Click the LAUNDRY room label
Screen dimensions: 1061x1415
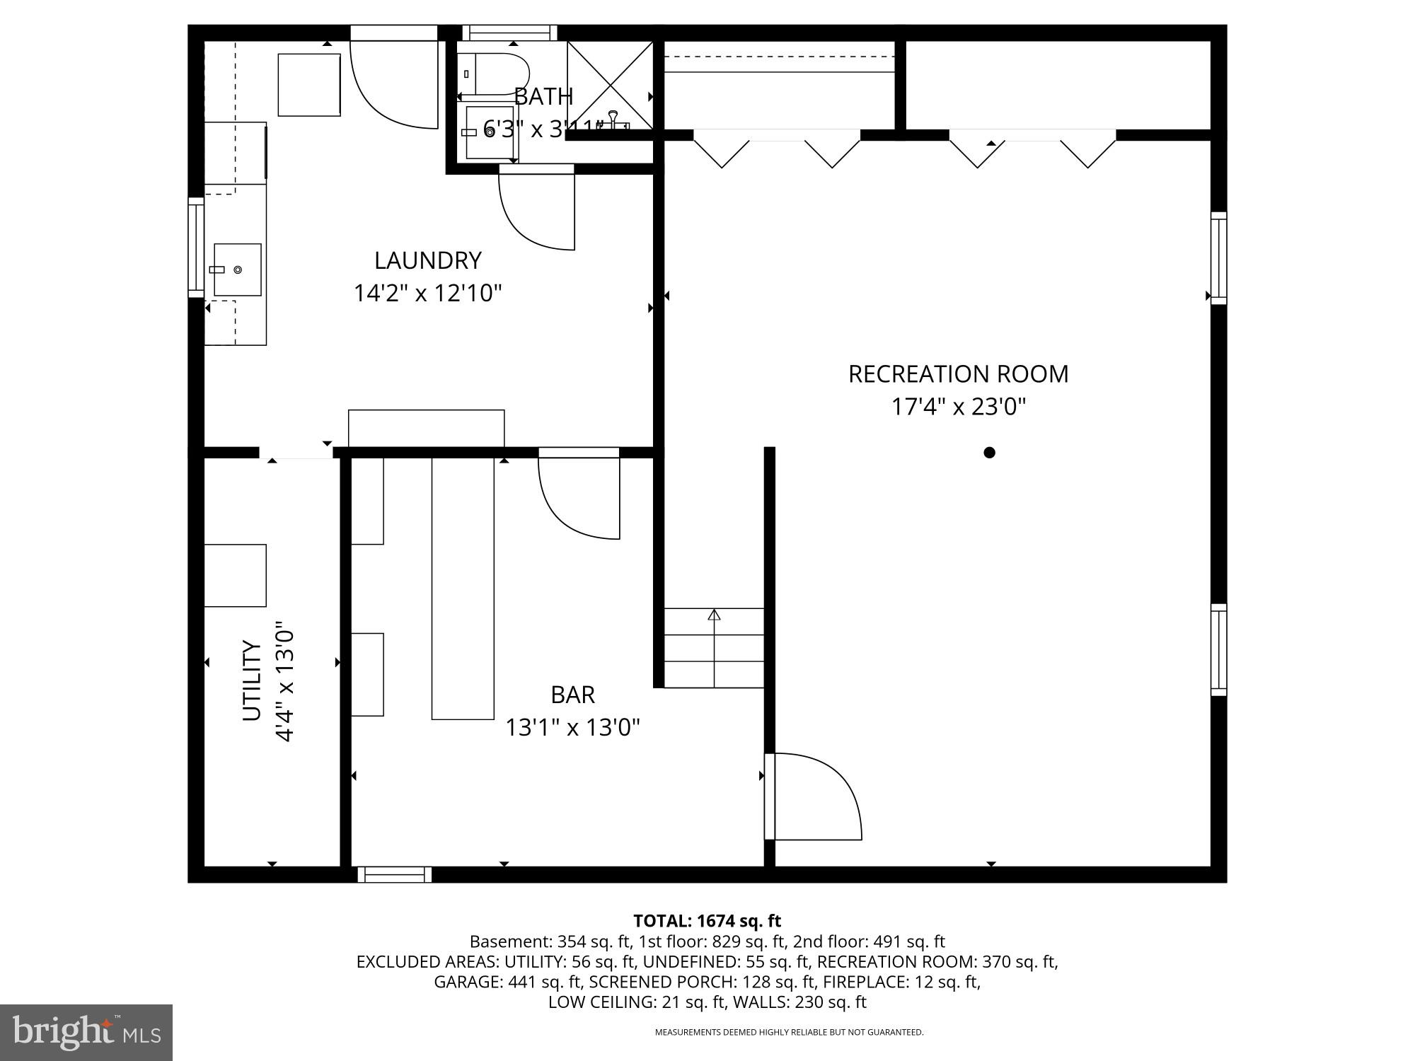(427, 260)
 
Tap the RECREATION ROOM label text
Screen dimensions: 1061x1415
(958, 374)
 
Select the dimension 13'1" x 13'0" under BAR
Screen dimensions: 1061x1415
(572, 727)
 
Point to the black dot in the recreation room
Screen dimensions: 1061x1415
(989, 453)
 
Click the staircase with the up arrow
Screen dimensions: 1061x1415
(714, 647)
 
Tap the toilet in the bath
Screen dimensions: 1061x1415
(499, 74)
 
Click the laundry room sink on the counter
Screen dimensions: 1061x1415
(237, 269)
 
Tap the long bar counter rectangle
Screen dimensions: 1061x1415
(463, 589)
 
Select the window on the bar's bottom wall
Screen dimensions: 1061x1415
(394, 875)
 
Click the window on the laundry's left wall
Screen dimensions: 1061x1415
(195, 248)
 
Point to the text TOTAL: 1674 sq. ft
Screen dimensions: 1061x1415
(707, 921)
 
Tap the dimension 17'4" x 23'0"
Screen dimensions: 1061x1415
(958, 407)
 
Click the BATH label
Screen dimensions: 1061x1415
(543, 96)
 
